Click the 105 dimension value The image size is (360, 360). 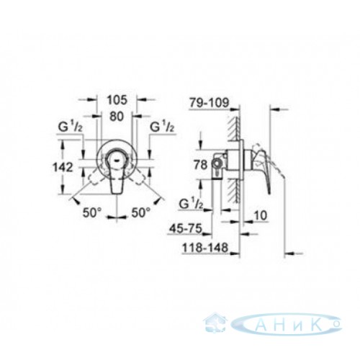click(117, 100)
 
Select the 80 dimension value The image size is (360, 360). click(117, 117)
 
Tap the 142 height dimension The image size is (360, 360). click(63, 167)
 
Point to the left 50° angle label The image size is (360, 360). click(92, 212)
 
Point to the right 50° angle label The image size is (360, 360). click(141, 212)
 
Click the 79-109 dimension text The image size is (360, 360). click(209, 103)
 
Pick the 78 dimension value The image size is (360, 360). click(200, 165)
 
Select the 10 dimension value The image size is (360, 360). click(260, 215)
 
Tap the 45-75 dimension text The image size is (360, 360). click(186, 228)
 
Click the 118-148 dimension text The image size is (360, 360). click(205, 248)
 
